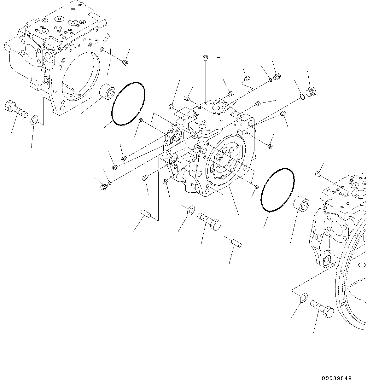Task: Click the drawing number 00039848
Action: [x=336, y=378]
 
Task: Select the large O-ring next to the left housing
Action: [x=128, y=104]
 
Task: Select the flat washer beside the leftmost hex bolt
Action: [x=34, y=120]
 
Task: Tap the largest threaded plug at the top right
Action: [x=311, y=91]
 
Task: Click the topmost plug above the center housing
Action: [x=206, y=57]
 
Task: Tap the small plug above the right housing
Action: [x=318, y=174]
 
